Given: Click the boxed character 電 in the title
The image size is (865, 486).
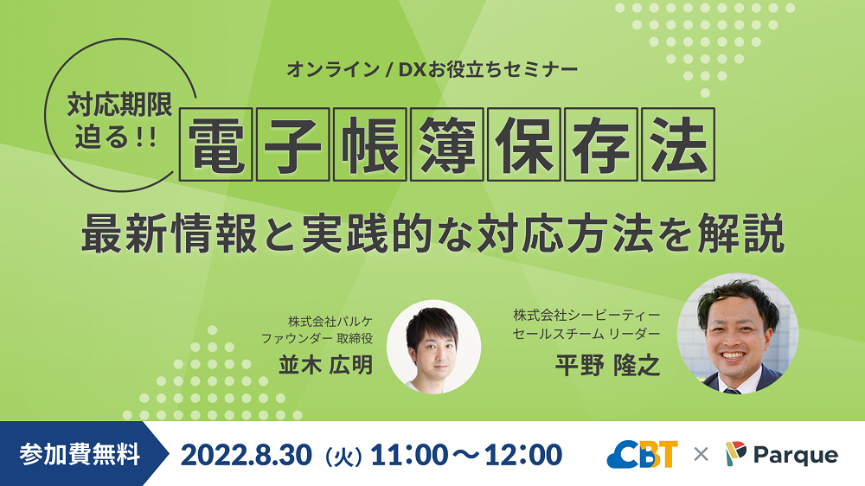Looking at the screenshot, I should [217, 144].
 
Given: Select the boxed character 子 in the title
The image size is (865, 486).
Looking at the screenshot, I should [293, 144].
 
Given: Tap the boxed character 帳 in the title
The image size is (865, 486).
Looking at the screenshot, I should [369, 144].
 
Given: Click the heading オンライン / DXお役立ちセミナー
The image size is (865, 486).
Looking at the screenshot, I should [432, 70].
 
